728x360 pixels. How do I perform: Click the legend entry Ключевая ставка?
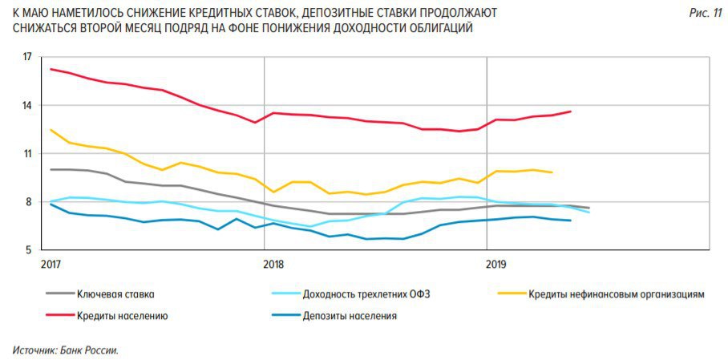point(115,294)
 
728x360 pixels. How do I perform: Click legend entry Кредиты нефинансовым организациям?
point(616,294)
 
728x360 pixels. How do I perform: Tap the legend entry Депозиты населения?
point(350,316)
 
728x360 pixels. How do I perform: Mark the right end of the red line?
point(570,111)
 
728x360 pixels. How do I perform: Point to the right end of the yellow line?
point(552,172)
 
